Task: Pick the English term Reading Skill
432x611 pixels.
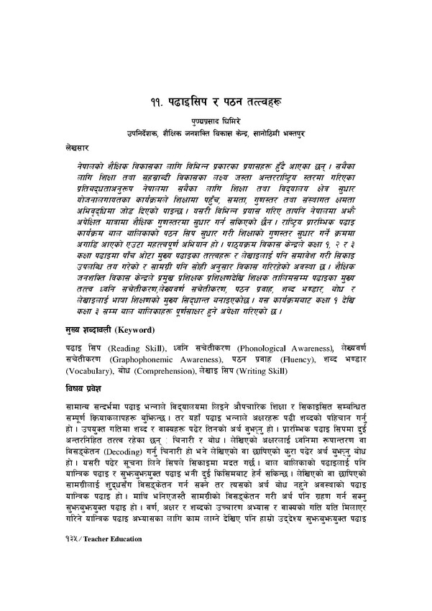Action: pos(132,348)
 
